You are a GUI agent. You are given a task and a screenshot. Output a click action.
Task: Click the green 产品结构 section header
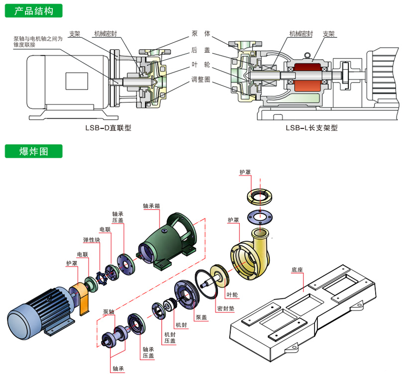tap(34, 10)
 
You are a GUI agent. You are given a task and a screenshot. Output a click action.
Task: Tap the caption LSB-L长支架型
tap(311, 127)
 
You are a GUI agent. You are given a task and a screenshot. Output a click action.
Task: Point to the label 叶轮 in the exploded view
tap(233, 295)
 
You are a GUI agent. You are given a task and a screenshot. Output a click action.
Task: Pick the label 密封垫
tap(225, 308)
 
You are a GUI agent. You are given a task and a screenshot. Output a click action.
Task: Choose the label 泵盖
tap(201, 317)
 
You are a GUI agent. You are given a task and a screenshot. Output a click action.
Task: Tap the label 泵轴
tap(108, 312)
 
